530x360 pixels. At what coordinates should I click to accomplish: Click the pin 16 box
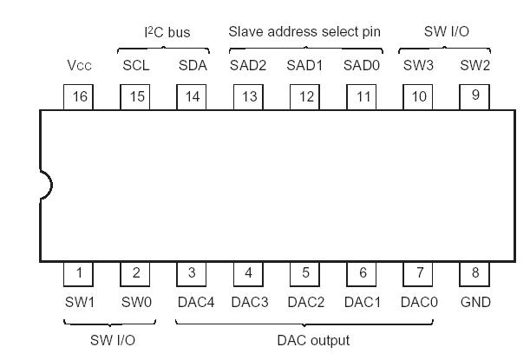tap(79, 96)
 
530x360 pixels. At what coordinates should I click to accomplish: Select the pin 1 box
tap(79, 273)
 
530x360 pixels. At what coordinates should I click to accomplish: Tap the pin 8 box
tap(475, 273)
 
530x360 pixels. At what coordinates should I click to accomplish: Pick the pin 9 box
tap(475, 96)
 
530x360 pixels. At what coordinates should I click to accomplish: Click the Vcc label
tap(79, 65)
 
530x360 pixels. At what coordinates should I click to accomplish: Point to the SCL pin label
tap(135, 65)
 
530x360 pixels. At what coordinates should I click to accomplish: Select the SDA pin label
tap(193, 65)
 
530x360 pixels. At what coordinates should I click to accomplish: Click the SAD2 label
tap(249, 65)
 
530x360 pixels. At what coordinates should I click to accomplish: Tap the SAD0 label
tap(362, 65)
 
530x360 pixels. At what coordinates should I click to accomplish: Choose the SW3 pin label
tap(419, 65)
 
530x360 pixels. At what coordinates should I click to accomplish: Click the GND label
tap(475, 302)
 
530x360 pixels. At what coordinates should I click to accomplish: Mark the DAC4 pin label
tap(193, 302)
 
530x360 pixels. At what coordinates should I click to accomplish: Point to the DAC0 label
tap(419, 302)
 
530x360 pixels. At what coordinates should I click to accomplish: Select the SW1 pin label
tap(79, 302)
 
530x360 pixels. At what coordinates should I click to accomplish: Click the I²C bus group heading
tap(166, 32)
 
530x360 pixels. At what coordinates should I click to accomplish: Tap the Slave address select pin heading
tap(304, 32)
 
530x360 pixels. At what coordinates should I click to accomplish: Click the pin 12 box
tap(305, 96)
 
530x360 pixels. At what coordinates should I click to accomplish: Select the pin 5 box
tap(305, 273)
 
